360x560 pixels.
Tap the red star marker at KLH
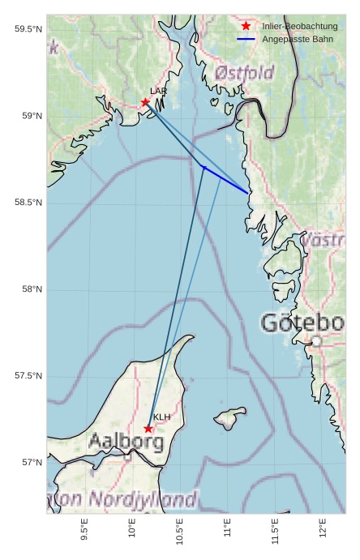148,429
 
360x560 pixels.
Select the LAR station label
158,92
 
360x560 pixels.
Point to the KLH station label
162,417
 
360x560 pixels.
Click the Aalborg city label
126,442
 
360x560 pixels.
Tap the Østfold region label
244,74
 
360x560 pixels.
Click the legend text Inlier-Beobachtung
299,27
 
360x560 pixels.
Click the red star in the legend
246,27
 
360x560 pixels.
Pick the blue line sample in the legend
246,39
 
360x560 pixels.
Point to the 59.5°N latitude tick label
28,29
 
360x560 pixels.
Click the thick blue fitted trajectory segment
226,180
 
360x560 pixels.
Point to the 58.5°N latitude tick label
28,203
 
